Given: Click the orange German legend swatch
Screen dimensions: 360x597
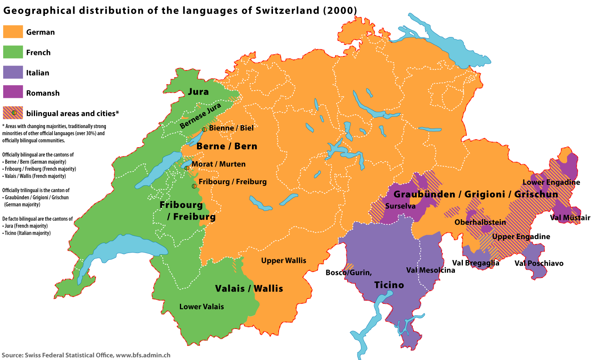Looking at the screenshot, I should click(13, 32).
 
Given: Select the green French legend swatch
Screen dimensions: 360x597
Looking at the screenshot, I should click(13, 52).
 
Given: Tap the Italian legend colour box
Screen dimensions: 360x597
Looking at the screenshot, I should click(13, 72).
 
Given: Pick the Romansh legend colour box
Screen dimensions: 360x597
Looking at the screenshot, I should click(13, 92).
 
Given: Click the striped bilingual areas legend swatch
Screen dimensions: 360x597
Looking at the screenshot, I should click(13, 113).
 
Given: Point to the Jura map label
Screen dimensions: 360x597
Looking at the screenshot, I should click(198, 92).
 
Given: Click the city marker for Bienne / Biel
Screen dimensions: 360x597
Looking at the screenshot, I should click(204, 129).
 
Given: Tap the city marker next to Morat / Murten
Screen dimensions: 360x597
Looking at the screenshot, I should click(187, 168).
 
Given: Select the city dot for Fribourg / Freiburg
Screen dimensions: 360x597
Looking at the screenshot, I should click(194, 186).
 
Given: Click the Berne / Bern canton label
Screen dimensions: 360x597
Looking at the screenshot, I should click(227, 146).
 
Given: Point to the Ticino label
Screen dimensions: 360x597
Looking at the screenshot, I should click(389, 285).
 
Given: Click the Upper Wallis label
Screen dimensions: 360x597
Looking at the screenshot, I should click(283, 261).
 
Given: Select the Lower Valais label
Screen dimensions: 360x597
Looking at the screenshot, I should click(201, 307).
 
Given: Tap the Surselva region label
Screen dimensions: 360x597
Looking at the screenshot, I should click(400, 206).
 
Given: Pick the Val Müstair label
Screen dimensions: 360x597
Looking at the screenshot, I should click(570, 218).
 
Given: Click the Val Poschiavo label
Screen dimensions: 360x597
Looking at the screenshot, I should click(539, 263).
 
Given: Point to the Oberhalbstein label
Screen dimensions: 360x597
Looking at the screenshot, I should click(480, 222).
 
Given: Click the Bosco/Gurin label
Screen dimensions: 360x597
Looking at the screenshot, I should click(348, 272).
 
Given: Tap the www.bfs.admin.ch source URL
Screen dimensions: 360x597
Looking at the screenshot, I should click(143, 355).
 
